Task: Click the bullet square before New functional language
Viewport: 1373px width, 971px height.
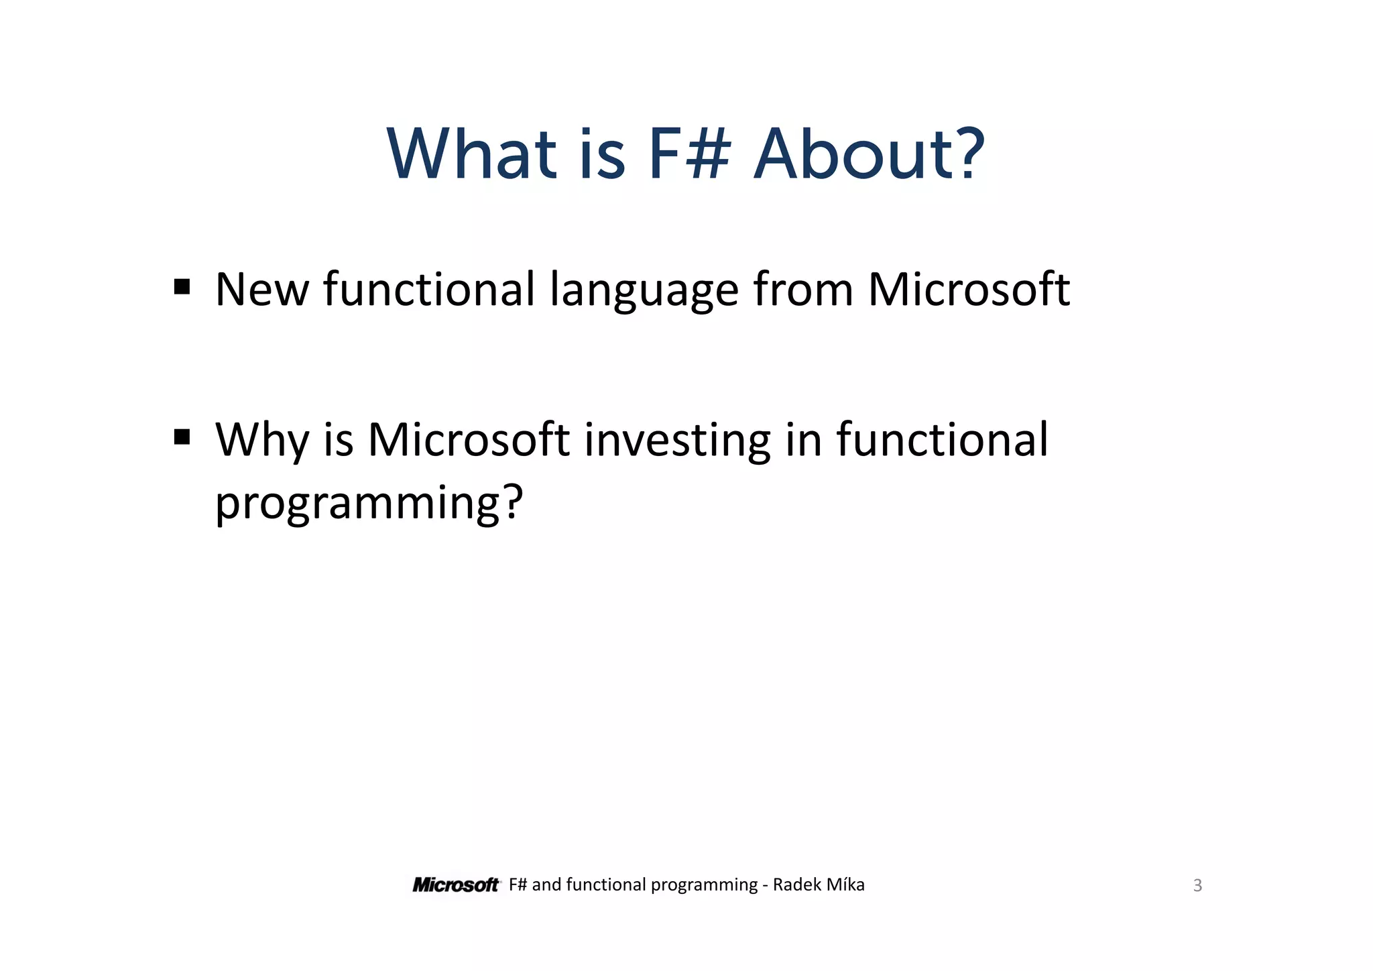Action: tap(182, 288)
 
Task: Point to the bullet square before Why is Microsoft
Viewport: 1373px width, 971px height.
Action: tap(182, 438)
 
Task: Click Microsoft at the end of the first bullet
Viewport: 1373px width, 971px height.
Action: tap(969, 290)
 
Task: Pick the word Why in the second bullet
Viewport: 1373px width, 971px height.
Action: tap(262, 441)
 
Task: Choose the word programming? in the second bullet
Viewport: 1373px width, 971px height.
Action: tap(369, 503)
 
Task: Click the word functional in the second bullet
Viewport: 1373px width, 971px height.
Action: tap(942, 440)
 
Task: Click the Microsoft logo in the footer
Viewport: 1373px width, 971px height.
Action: tap(456, 885)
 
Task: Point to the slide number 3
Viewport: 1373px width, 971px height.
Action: tap(1197, 886)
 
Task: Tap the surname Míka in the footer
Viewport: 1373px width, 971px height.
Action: tap(845, 885)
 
